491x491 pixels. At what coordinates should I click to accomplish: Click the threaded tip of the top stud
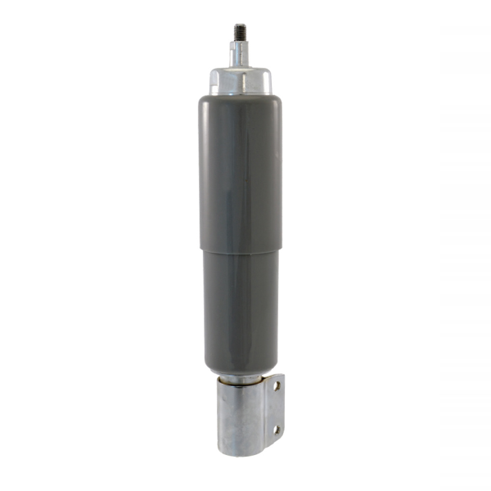pos(240,32)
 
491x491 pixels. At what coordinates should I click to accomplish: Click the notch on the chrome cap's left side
pos(211,79)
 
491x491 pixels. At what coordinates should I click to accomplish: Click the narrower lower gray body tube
pos(240,311)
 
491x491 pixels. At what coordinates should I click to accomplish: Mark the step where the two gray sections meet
pos(240,250)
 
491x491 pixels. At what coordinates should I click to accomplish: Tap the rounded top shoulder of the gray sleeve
pos(240,98)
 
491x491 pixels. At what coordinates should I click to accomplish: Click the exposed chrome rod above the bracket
pos(240,377)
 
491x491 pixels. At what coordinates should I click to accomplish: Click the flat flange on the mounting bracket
pos(277,409)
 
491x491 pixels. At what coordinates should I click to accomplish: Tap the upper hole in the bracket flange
pos(277,385)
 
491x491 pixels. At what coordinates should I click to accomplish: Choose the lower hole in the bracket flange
pos(277,428)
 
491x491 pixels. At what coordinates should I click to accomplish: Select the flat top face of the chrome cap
pos(240,69)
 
